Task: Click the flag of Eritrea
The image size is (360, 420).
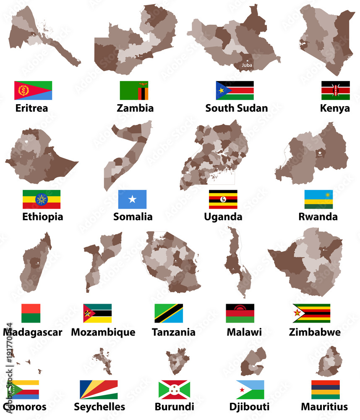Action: click(x=33, y=90)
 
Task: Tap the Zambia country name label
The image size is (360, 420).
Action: click(x=135, y=108)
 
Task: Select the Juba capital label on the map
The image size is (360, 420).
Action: click(x=246, y=65)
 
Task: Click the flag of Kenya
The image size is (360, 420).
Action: click(x=335, y=90)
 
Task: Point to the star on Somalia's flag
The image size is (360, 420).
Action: click(x=133, y=199)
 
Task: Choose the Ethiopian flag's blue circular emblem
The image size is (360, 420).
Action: click(x=41, y=199)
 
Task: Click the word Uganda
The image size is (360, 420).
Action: click(x=223, y=217)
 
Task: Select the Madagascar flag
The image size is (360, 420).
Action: click(x=31, y=313)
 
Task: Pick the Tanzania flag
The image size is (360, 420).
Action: click(x=169, y=313)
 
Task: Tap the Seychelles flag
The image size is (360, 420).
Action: click(x=99, y=389)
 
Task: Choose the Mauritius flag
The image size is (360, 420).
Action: click(x=326, y=389)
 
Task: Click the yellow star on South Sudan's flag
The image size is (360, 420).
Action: click(x=220, y=90)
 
